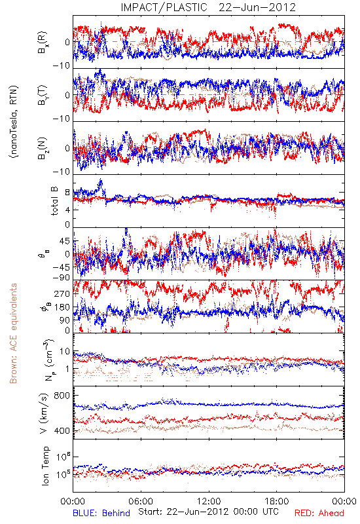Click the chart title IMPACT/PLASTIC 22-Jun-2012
(x=208, y=7)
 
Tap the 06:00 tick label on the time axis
(x=141, y=501)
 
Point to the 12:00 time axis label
(x=209, y=501)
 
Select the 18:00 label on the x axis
(x=276, y=501)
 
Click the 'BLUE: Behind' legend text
(x=101, y=513)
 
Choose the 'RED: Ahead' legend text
(x=319, y=513)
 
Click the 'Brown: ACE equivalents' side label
(x=13, y=333)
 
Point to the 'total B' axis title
(x=54, y=201)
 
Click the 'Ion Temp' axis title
(x=45, y=466)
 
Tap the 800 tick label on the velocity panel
(x=62, y=396)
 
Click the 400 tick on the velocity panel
(x=62, y=431)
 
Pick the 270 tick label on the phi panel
(x=62, y=293)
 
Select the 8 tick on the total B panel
(x=67, y=193)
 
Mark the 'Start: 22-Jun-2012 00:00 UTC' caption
(x=208, y=512)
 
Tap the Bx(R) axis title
(x=43, y=42)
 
